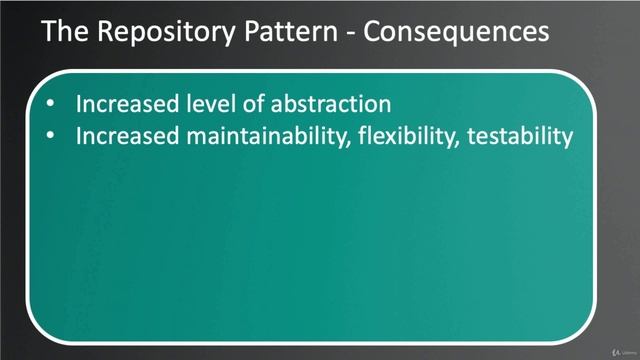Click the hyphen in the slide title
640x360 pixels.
(351, 33)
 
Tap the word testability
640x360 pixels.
(520, 136)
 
